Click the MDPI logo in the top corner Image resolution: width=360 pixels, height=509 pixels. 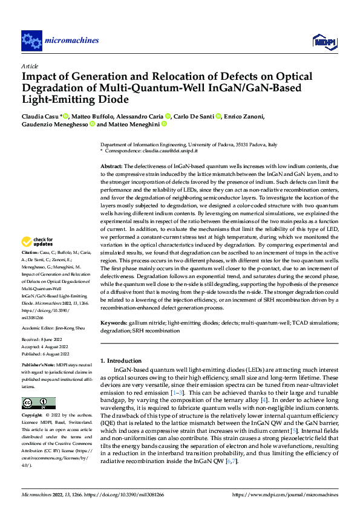(x=323, y=41)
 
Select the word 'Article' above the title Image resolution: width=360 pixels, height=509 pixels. (x=30, y=66)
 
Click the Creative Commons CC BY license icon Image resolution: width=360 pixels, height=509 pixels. (x=39, y=404)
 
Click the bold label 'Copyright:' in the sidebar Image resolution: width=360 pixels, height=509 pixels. (x=32, y=415)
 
